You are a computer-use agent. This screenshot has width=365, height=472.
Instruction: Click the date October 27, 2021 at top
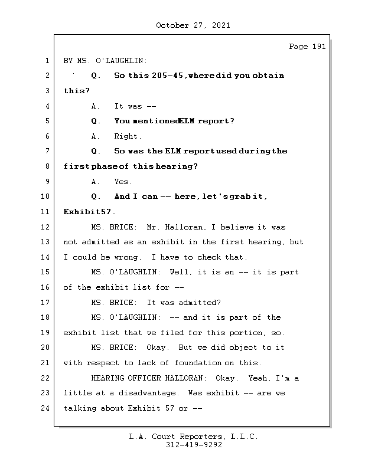coord(193,25)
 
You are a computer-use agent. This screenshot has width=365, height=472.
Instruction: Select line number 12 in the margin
coord(45,227)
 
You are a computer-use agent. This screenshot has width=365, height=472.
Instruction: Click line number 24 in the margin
coord(45,408)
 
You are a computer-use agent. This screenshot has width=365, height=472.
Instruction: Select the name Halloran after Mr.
coord(203,227)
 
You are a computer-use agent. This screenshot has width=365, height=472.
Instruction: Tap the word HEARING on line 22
coord(107,378)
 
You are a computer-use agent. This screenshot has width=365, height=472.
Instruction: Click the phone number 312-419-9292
coord(193,445)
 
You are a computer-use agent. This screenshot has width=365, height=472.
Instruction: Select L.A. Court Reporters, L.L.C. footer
coord(193,437)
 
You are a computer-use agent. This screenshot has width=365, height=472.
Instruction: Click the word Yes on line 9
coord(122,182)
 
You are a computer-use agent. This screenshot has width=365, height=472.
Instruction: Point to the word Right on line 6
coord(127,136)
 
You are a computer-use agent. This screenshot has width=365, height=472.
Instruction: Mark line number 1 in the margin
coord(45,60)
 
